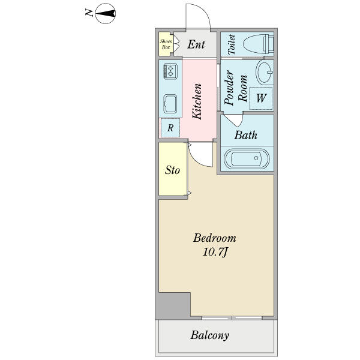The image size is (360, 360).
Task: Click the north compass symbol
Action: click(106, 14)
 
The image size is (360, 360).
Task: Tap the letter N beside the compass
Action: click(89, 13)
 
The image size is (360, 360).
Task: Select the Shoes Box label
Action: click(166, 44)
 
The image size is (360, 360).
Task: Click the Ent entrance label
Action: click(196, 44)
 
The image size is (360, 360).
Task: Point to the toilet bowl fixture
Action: click(258, 44)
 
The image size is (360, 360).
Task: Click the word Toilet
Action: click(232, 44)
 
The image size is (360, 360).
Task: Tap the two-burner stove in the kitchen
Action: click(170, 71)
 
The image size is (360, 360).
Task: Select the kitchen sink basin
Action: click(170, 104)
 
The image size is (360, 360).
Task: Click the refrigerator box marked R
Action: click(170, 128)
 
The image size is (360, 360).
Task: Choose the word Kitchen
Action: click(197, 101)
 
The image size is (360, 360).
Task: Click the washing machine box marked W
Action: click(261, 98)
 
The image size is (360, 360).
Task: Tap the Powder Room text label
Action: click(236, 88)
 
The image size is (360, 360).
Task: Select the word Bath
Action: click(245, 135)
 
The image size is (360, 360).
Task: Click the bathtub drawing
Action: click(247, 158)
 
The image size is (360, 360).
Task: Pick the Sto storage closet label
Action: click(172, 170)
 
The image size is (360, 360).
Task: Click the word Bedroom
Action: click(214, 238)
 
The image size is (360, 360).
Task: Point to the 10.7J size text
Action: click(215, 253)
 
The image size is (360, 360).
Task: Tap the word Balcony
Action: click(209, 335)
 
